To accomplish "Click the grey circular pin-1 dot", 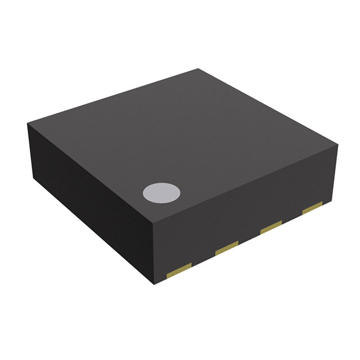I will (x=161, y=193).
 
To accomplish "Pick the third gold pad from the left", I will (x=271, y=227).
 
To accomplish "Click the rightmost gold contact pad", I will (x=312, y=209).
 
